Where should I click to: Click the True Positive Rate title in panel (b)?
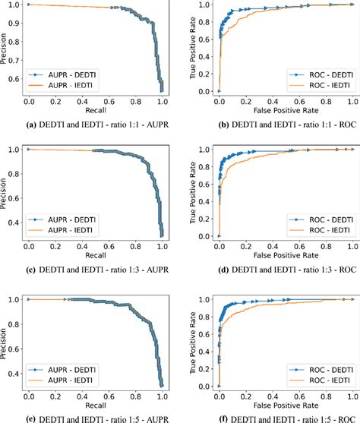pyautogui.click(x=197, y=48)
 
